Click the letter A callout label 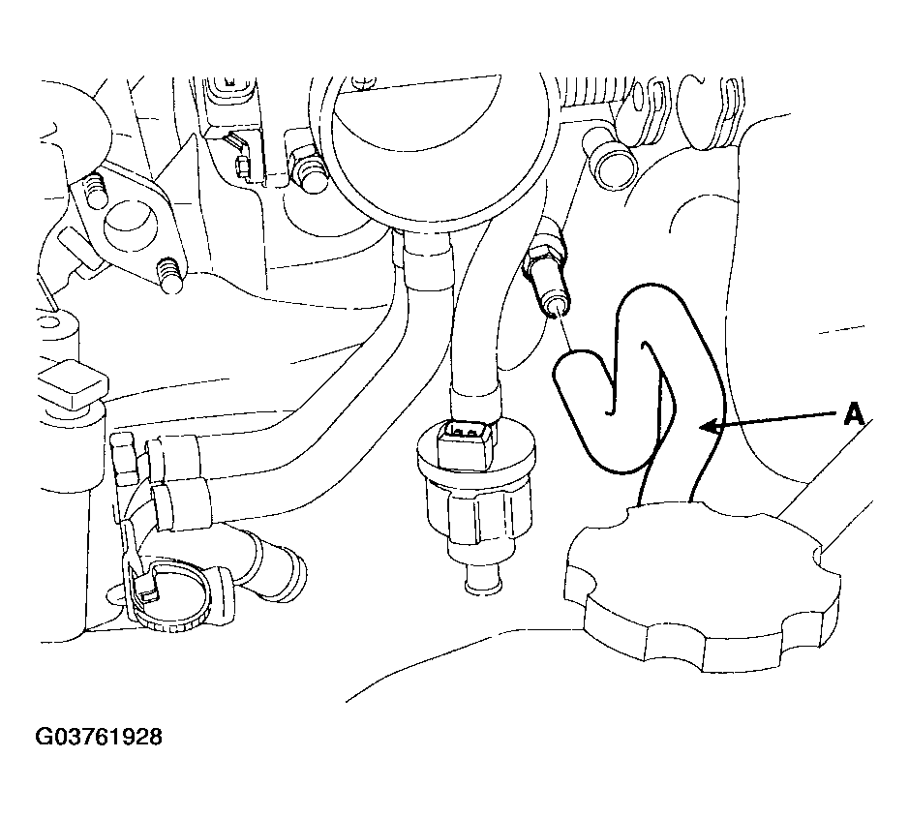coord(854,414)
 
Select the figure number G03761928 coord(99,737)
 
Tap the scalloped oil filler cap coord(703,587)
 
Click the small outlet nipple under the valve coord(483,580)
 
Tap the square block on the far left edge coord(73,382)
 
